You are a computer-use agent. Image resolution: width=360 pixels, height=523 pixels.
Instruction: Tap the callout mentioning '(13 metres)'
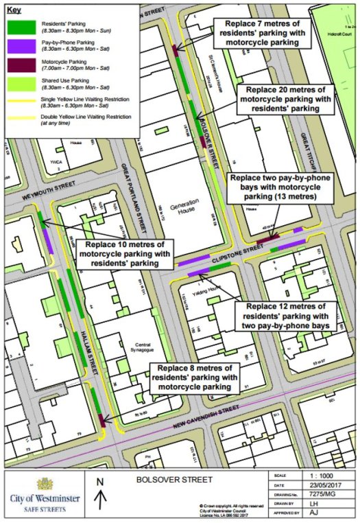(279, 188)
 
